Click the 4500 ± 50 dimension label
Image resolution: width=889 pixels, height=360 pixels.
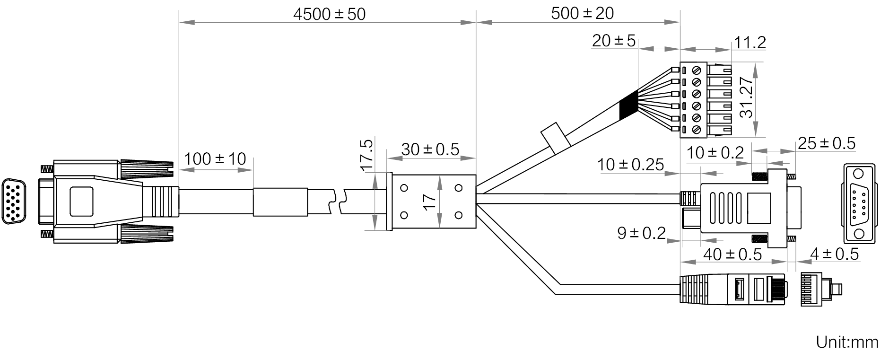[x=329, y=14]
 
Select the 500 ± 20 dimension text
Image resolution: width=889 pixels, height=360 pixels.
[x=582, y=13]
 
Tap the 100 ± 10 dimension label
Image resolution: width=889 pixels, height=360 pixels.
[x=215, y=159]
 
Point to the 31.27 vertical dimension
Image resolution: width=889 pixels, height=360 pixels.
[x=746, y=98]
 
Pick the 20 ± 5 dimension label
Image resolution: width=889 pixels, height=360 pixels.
[x=614, y=41]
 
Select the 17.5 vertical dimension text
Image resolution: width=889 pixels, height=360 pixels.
[x=366, y=155]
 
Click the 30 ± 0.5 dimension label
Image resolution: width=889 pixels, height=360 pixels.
[x=430, y=149]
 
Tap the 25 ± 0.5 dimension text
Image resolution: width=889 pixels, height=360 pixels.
[x=826, y=143]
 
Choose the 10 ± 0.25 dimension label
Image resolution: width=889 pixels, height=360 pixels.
[x=630, y=165]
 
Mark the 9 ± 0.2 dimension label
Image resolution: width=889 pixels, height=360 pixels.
[x=641, y=233]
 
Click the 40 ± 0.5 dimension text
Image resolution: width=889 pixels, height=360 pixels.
[x=732, y=255]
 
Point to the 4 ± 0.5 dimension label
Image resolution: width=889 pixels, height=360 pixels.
[x=834, y=254]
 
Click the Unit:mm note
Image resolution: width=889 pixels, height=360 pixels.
[x=847, y=342]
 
